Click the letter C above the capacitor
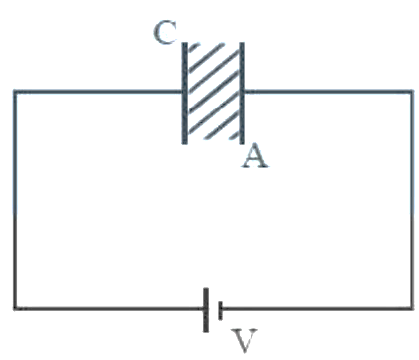[x=165, y=33]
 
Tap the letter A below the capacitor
[x=254, y=156]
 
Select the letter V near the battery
[x=244, y=340]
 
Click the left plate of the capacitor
[x=185, y=93]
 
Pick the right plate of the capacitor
[x=242, y=93]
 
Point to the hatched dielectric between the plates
[x=214, y=92]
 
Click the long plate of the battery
[x=206, y=310]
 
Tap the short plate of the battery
[x=220, y=310]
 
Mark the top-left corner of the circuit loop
[x=15, y=91]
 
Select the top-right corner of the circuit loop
[x=412, y=91]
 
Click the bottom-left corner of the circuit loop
[x=15, y=308]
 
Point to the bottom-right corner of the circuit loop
[x=412, y=308]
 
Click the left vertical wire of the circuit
[x=15, y=199]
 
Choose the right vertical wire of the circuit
[x=412, y=199]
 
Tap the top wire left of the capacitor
[x=99, y=91]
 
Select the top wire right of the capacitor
[x=328, y=91]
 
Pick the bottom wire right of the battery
[x=317, y=308]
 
